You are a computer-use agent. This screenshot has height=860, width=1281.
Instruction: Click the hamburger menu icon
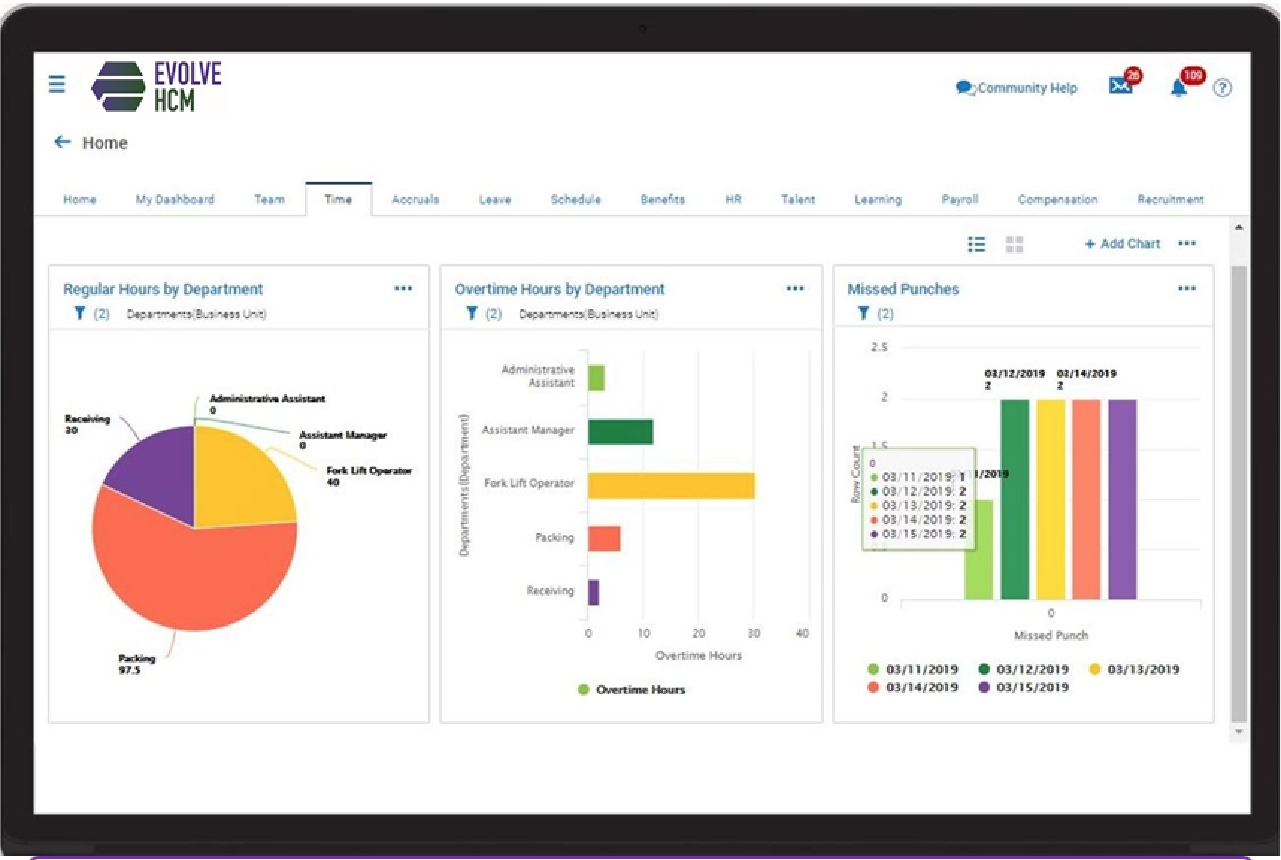[57, 84]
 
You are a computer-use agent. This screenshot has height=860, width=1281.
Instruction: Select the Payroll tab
[959, 199]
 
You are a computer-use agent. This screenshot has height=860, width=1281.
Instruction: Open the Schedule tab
[576, 199]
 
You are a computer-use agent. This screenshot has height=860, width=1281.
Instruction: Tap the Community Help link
[1017, 88]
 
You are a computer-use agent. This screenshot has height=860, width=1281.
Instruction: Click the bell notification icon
[1179, 88]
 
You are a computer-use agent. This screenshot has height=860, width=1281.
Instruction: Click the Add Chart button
[1123, 244]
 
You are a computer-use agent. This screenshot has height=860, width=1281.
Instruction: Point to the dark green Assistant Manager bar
[620, 431]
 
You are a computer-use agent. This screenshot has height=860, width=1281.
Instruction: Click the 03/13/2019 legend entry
[1135, 670]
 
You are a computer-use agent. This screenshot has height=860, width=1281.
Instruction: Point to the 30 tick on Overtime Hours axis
[754, 633]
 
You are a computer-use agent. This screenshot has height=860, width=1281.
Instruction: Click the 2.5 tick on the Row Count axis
[879, 347]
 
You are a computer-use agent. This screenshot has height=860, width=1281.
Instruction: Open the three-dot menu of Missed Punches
[1187, 288]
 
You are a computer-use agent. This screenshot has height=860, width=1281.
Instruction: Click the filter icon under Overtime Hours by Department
[472, 314]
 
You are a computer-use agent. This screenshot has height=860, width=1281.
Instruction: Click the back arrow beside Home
[63, 143]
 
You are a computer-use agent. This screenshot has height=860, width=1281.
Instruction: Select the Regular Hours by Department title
[163, 289]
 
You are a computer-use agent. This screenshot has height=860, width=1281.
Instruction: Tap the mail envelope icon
[1120, 87]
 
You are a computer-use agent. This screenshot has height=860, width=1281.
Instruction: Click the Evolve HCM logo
[157, 87]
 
